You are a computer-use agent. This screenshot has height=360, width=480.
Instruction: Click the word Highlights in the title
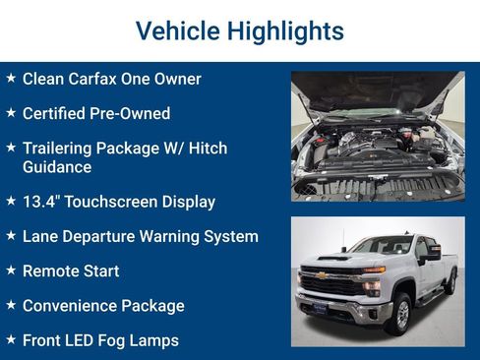pyautogui.click(x=285, y=31)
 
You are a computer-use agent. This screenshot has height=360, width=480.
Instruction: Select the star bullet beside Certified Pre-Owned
pyautogui.click(x=11, y=113)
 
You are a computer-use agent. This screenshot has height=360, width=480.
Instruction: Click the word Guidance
pyautogui.click(x=57, y=167)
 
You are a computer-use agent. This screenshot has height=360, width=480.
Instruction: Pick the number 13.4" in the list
pyautogui.click(x=41, y=202)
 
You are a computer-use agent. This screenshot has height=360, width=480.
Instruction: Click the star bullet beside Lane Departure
pyautogui.click(x=11, y=236)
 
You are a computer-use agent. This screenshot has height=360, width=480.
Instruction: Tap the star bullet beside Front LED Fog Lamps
pyautogui.click(x=11, y=340)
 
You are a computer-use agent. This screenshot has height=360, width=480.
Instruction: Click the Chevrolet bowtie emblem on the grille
pyautogui.click(x=321, y=275)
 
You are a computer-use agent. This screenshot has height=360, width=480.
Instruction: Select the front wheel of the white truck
pyautogui.click(x=401, y=312)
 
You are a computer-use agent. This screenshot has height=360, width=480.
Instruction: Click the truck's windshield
pyautogui.click(x=382, y=246)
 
